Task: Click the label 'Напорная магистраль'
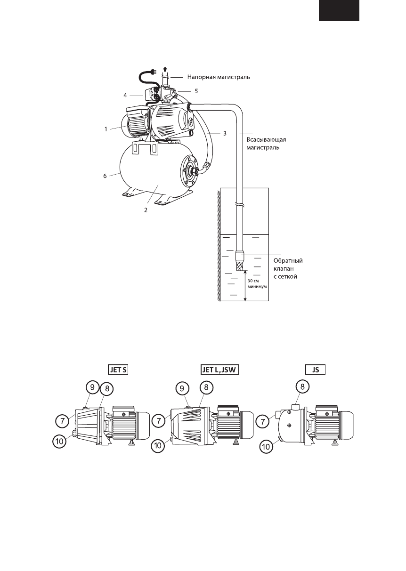point(219,77)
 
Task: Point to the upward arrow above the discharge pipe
point(165,69)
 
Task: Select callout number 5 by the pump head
point(196,91)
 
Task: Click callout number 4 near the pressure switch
point(125,96)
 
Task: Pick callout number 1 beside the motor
point(106,129)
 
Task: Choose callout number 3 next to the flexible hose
point(224,133)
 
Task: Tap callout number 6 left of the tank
point(105,176)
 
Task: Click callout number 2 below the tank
point(146,210)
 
